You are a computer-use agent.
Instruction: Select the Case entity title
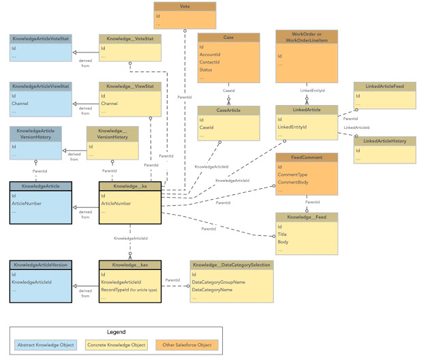click(228, 37)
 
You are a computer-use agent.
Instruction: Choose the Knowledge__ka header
click(129, 186)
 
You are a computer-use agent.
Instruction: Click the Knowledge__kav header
click(129, 265)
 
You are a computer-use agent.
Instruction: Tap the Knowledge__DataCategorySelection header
click(231, 265)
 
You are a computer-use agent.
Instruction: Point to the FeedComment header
click(306, 157)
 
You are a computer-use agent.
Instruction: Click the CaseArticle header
click(228, 109)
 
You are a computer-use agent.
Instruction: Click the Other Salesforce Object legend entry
click(185, 346)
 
